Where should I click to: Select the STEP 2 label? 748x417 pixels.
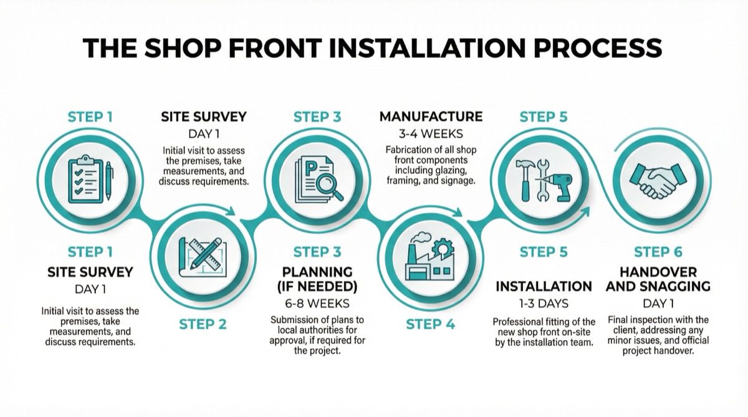tap(204, 324)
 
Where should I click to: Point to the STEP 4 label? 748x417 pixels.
tap(431, 324)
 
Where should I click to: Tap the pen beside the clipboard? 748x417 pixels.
tap(108, 181)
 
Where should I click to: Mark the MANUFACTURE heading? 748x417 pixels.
tap(431, 117)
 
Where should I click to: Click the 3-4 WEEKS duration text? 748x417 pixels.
tap(431, 133)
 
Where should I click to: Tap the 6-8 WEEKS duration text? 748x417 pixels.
tap(317, 304)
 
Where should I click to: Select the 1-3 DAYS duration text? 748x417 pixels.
tap(544, 304)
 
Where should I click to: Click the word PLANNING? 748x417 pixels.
tap(317, 272)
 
